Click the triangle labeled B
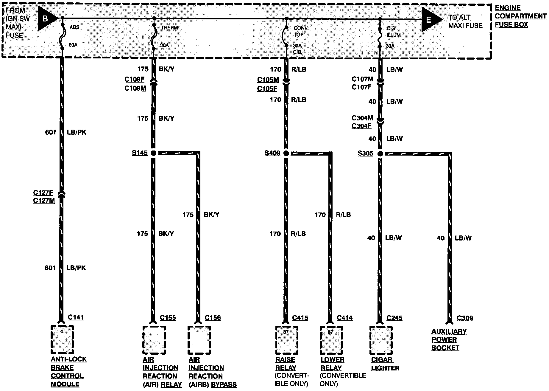47,18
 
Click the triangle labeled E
431,19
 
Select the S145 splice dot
153,153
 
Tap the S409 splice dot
286,153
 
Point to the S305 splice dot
380,153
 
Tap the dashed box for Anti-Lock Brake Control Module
62,339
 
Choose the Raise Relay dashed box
286,340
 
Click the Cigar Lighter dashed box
381,340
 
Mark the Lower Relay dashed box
331,340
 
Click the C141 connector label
76,317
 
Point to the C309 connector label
465,318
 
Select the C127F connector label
43,193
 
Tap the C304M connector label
362,118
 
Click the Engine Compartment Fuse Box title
520,16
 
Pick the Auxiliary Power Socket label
449,339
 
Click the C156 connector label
213,318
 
